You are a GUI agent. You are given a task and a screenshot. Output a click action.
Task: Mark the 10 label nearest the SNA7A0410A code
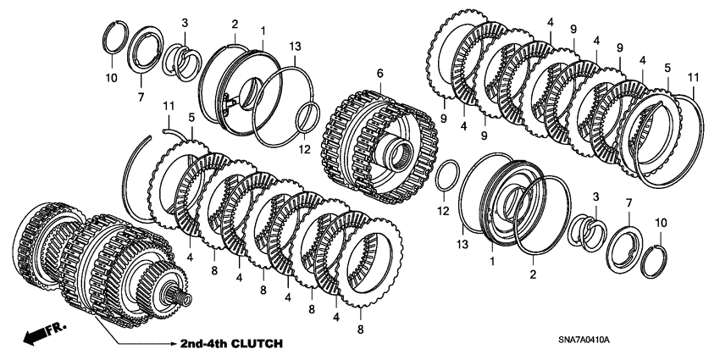[662, 223]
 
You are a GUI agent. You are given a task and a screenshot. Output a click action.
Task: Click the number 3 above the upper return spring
[186, 23]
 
